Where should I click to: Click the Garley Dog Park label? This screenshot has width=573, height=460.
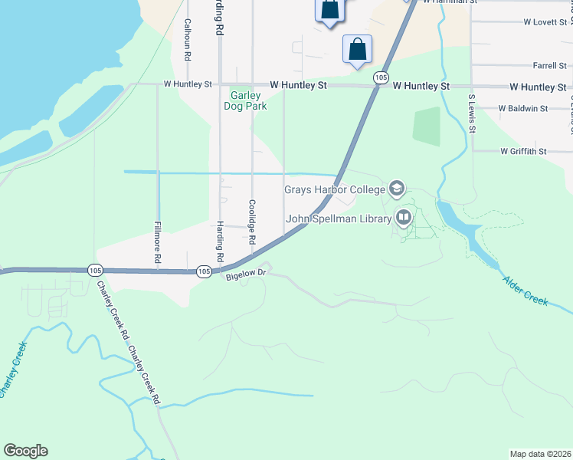click(249, 101)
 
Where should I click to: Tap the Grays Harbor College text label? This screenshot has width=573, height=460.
click(336, 189)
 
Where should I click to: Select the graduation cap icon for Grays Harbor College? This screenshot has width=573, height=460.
click(396, 188)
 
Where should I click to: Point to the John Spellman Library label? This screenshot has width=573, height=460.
click(339, 219)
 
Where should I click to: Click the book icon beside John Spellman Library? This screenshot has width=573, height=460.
click(403, 218)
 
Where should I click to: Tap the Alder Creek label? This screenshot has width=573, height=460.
click(526, 291)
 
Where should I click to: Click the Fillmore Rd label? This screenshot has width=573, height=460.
click(157, 243)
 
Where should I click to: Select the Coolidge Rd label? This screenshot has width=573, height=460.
click(251, 222)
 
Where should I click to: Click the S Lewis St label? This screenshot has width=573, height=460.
click(472, 113)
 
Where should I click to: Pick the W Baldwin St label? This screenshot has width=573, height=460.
click(522, 109)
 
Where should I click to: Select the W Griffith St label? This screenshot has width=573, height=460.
click(523, 152)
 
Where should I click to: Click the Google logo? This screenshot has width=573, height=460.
click(25, 451)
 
